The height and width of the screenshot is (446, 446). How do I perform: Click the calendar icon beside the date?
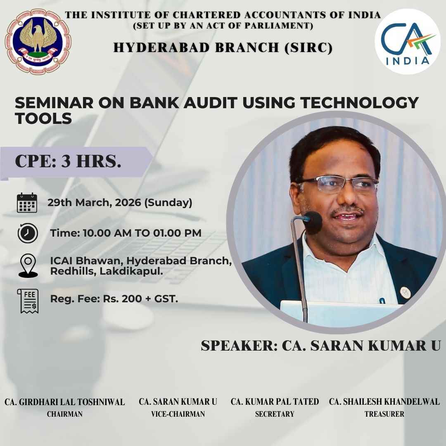tap(27, 203)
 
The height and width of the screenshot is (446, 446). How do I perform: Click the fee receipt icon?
tap(28, 301)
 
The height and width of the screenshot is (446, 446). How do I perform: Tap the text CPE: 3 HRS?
tap(68, 161)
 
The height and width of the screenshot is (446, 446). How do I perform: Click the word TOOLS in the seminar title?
tap(43, 119)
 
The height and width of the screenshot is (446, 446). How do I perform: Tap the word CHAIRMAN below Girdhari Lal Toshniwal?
tap(64, 414)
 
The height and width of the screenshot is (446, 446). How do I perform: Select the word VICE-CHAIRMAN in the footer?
tap(178, 414)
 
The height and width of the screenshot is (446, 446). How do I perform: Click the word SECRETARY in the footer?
tap(275, 414)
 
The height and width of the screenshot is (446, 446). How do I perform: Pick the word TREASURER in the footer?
tap(384, 414)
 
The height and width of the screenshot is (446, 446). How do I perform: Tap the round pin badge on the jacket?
tap(404, 294)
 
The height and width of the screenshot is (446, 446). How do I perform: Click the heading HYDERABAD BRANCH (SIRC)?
tap(223, 48)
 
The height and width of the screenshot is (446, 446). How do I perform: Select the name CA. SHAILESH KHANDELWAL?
tap(384, 401)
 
